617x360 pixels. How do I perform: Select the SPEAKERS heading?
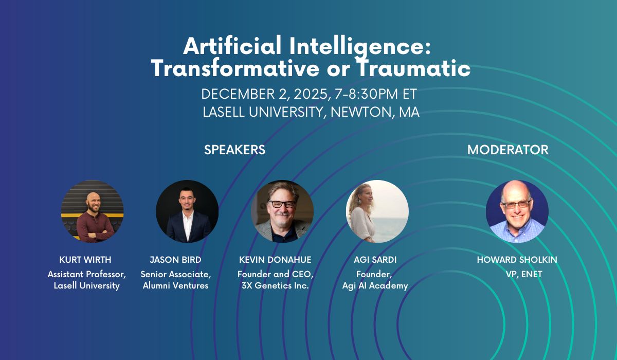pos(234,150)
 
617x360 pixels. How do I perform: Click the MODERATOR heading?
pos(507,150)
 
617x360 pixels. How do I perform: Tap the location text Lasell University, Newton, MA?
pos(311,112)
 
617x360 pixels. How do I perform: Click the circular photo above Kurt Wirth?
pos(92,211)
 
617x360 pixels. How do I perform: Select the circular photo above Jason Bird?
pos(187,211)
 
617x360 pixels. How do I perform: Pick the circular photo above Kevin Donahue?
pos(282,211)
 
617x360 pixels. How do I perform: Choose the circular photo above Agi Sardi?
pos(377,211)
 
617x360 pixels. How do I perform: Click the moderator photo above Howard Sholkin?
pos(517,211)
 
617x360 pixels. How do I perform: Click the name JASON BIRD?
pos(175,260)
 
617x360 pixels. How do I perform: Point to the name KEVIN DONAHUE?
pos(275,260)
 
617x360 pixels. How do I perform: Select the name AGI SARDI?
pos(375,260)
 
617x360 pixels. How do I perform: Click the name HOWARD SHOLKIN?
pos(517,260)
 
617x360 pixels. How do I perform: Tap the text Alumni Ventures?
pos(175,285)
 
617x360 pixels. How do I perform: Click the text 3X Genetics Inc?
pos(275,285)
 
